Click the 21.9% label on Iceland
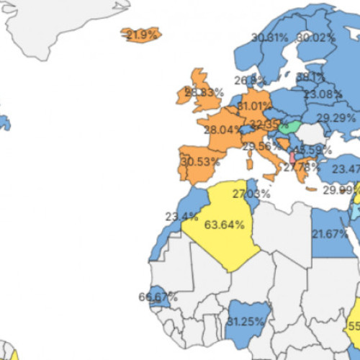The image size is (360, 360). pyautogui.click(x=141, y=35)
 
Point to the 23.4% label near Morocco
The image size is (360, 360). pyautogui.click(x=181, y=215)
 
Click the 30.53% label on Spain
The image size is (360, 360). pyautogui.click(x=200, y=162)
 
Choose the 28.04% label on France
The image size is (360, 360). pyautogui.click(x=223, y=130)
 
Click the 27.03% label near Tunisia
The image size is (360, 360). pyautogui.click(x=251, y=194)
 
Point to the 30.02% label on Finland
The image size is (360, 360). pyautogui.click(x=316, y=37)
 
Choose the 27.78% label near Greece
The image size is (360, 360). pyautogui.click(x=300, y=167)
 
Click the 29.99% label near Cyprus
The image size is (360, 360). pyautogui.click(x=339, y=190)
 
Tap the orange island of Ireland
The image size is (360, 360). pyautogui.click(x=181, y=97)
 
